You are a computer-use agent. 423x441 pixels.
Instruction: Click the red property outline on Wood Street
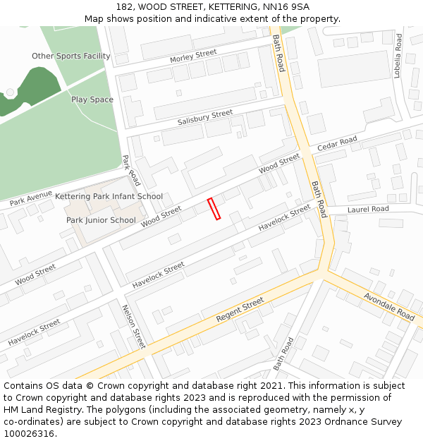pos(214,209)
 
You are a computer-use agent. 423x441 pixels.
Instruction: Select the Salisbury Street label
pos(204,117)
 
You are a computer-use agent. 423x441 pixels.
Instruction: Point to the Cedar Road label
pos(337,144)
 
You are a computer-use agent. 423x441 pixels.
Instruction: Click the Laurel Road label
pos(368,209)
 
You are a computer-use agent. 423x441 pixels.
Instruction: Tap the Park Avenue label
pos(31,198)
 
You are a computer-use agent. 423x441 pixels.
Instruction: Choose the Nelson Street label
pos(133,326)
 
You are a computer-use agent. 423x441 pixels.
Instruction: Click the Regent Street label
pos(240,310)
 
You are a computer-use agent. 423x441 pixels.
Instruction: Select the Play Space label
pos(92,99)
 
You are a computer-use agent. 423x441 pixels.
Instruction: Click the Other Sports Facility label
pos(70,56)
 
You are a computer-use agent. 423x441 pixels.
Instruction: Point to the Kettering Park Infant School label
pos(109,196)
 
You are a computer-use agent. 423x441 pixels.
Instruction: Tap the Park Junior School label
pos(101,220)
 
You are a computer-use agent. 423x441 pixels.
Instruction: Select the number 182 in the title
pos(125,6)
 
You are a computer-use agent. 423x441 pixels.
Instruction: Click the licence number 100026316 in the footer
pos(29,433)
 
